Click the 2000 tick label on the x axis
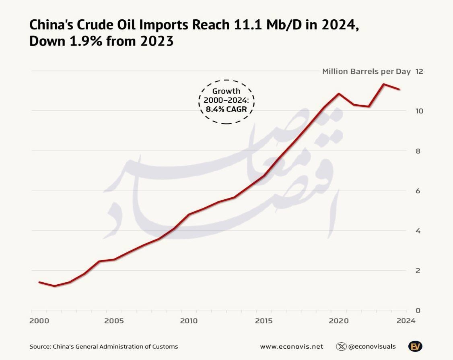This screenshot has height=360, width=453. (x=39, y=321)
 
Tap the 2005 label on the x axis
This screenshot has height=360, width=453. (x=114, y=321)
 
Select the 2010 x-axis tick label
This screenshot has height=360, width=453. (x=189, y=321)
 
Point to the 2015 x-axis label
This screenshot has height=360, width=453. (x=264, y=321)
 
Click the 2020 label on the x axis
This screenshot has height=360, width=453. (x=338, y=321)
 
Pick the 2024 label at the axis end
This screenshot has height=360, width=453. (x=406, y=321)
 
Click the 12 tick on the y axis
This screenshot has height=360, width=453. (x=420, y=71)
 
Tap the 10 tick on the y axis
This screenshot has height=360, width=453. (x=420, y=111)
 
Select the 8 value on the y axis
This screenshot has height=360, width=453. (x=418, y=151)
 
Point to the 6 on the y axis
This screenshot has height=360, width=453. (x=418, y=191)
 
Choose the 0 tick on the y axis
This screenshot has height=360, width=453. (x=418, y=310)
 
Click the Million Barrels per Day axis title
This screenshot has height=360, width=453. (x=366, y=71)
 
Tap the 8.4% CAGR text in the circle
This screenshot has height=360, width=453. (x=226, y=109)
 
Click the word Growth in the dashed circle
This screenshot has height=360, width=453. (x=226, y=91)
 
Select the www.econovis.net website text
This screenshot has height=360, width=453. (x=291, y=346)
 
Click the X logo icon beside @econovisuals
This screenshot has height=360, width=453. (x=341, y=346)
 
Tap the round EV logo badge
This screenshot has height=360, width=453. (x=415, y=346)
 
